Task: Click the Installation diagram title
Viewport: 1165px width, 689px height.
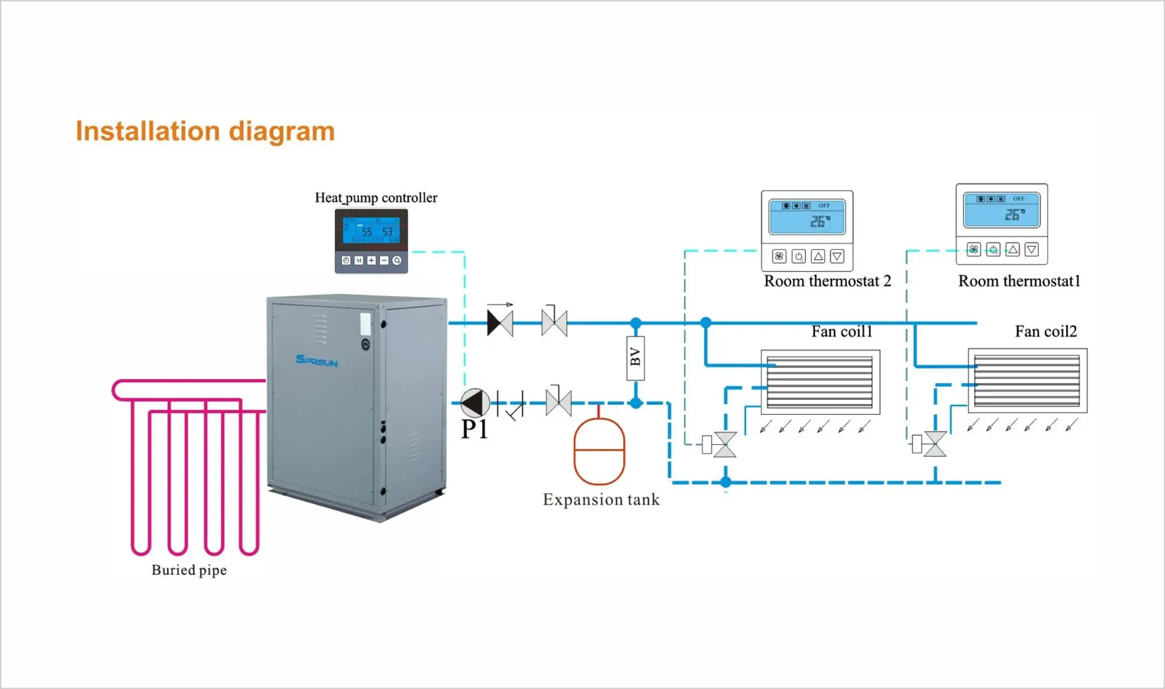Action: [x=205, y=132]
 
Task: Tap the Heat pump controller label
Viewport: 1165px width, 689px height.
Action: [x=376, y=198]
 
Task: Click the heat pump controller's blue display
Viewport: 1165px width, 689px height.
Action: [x=371, y=230]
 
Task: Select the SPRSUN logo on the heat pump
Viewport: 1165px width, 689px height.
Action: [x=316, y=361]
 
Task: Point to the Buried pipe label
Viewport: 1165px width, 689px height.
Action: [x=189, y=570]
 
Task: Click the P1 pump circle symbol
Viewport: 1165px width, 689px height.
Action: [x=475, y=402]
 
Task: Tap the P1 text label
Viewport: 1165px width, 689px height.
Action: [x=474, y=430]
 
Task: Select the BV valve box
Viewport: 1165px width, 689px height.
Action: [x=636, y=358]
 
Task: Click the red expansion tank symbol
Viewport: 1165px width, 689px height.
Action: [x=599, y=450]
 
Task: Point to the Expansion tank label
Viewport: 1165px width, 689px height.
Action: [x=601, y=500]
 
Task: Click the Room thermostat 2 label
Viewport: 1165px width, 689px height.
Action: [x=827, y=281]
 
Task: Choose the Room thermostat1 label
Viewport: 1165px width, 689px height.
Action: [x=1019, y=281]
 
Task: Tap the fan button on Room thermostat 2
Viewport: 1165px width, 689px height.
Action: [x=779, y=256]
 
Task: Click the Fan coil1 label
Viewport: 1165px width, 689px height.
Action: [x=842, y=331]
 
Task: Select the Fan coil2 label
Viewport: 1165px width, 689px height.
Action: [x=1046, y=331]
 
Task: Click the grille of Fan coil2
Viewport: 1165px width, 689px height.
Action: [x=1027, y=381]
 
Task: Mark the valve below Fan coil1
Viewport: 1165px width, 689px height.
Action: [x=725, y=444]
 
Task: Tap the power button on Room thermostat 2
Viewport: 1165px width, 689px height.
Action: [x=799, y=256]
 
